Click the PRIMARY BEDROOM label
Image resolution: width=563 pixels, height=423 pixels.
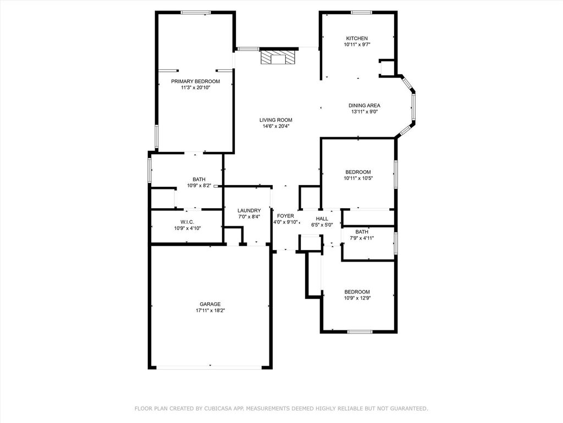(x=195, y=81)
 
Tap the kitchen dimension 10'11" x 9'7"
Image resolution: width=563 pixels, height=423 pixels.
(x=356, y=45)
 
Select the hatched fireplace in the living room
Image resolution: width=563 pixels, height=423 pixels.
(x=278, y=58)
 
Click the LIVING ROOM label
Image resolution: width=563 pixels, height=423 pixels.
(x=276, y=120)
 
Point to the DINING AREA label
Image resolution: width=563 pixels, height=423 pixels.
(x=364, y=105)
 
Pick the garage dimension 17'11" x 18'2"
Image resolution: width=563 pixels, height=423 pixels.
(x=210, y=310)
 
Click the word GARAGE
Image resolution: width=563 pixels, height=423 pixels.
(x=210, y=303)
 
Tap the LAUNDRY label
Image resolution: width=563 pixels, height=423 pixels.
(x=249, y=210)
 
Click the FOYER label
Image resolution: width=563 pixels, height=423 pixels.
(x=285, y=215)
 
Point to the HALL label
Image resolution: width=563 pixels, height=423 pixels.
(x=322, y=219)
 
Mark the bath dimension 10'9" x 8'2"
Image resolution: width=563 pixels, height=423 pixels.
(x=199, y=185)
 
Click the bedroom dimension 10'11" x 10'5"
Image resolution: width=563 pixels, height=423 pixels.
(x=358, y=178)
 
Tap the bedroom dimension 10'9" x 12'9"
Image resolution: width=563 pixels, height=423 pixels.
(x=357, y=298)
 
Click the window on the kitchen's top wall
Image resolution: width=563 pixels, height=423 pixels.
(x=361, y=12)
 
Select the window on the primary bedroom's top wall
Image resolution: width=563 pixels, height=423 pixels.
(x=196, y=12)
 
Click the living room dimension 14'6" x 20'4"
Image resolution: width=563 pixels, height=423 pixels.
(x=276, y=126)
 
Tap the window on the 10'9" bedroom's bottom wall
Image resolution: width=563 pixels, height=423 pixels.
(x=360, y=332)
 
